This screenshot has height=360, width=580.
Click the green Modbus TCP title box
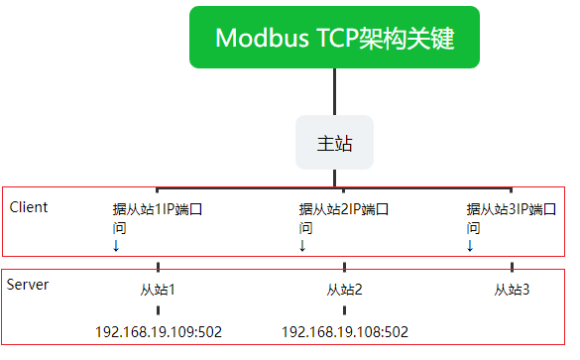[334, 37]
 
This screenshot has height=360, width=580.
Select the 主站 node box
[334, 143]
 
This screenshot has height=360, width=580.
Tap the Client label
[29, 207]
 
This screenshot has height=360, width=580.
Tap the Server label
[28, 285]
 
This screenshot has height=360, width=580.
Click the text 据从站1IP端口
[158, 209]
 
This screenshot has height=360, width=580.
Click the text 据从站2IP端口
[344, 209]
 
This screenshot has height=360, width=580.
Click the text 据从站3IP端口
[512, 209]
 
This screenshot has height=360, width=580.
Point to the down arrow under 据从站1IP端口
[116, 246]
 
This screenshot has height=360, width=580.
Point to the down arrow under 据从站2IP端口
[302, 246]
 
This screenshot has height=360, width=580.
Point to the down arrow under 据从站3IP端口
[470, 246]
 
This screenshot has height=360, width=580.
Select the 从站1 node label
[158, 290]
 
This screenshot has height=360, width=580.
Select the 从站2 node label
[344, 290]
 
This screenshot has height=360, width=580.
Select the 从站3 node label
[512, 290]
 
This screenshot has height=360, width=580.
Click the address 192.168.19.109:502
[159, 332]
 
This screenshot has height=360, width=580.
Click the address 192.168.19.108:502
[345, 332]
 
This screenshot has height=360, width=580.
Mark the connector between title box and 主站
[335, 92]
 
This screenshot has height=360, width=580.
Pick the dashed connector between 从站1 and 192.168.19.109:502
[158, 310]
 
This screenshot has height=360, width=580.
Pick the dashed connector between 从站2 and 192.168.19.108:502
[344, 310]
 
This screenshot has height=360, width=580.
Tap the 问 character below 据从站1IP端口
[120, 228]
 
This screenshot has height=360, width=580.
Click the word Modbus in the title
[262, 38]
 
